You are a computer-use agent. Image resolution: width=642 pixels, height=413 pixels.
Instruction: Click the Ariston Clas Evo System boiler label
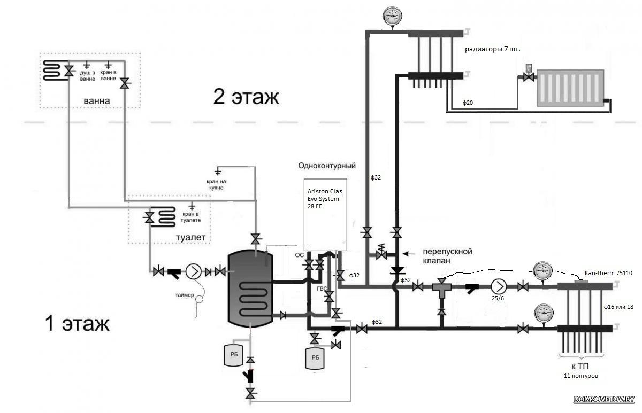tap(325, 199)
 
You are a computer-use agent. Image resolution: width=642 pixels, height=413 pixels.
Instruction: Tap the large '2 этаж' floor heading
tap(246, 97)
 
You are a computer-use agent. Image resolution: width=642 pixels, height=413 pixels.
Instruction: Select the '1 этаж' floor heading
tap(77, 323)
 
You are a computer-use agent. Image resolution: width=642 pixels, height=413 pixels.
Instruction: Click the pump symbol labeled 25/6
tap(499, 286)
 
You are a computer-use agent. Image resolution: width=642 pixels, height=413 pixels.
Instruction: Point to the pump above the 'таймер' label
tap(194, 271)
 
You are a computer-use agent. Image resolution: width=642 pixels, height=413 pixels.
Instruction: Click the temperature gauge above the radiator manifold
tap(392, 17)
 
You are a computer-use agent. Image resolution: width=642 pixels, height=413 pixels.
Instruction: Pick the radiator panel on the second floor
tap(570, 88)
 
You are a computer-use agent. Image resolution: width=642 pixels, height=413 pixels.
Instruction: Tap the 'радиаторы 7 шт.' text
tap(492, 49)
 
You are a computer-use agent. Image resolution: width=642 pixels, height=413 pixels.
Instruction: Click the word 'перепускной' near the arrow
tap(447, 251)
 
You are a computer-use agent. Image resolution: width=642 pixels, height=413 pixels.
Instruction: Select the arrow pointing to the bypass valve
tap(409, 253)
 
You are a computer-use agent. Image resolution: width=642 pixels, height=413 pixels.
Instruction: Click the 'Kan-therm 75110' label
tap(608, 273)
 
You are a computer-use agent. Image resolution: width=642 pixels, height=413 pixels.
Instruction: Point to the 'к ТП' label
tap(580, 366)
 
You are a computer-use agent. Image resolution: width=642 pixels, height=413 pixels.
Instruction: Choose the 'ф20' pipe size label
tap(468, 103)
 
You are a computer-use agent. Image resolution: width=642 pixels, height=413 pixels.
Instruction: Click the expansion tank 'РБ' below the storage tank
tap(234, 355)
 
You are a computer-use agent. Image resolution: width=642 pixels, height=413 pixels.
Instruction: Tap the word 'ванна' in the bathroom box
tap(97, 101)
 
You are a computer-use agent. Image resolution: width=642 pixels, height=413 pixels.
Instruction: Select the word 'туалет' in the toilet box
tap(190, 237)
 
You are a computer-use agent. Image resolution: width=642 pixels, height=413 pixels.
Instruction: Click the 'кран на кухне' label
tap(216, 185)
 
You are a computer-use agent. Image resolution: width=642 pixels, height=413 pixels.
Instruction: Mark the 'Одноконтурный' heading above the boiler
tap(327, 166)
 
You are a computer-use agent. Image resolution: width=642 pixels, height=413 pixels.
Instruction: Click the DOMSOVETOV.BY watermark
tap(604, 399)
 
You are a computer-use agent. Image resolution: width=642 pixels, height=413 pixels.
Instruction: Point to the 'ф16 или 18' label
tap(618, 307)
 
